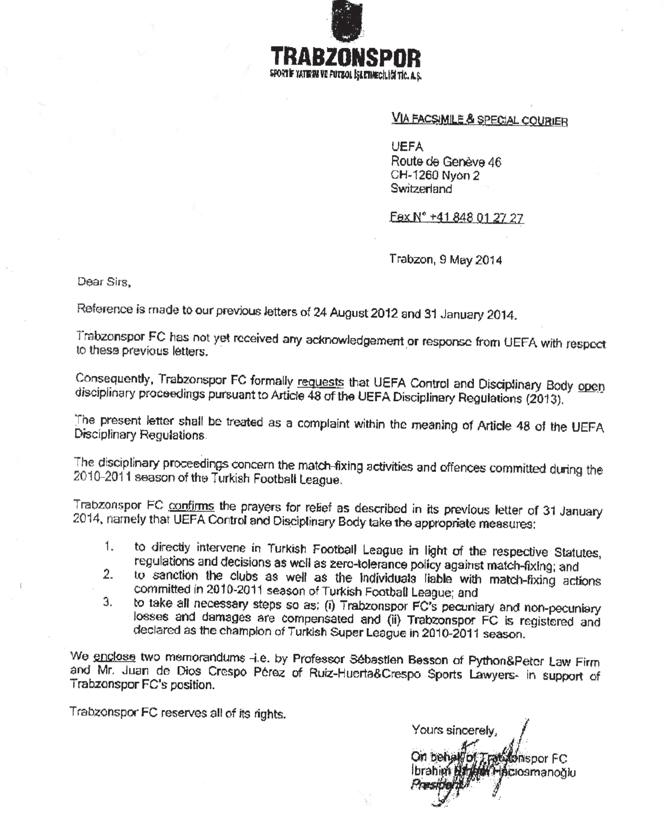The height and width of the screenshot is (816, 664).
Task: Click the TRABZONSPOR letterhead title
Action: pyautogui.click(x=345, y=58)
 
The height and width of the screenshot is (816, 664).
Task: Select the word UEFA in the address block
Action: pyautogui.click(x=407, y=147)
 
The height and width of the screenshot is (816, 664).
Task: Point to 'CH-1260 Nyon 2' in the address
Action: pyautogui.click(x=435, y=175)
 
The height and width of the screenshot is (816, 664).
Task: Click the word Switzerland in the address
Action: pyautogui.click(x=421, y=189)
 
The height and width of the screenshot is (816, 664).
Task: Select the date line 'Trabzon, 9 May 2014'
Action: pyautogui.click(x=446, y=260)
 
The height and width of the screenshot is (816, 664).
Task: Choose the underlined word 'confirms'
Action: pyautogui.click(x=191, y=506)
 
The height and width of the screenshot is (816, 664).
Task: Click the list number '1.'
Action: pyautogui.click(x=109, y=547)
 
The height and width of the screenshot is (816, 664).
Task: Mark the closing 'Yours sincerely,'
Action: pyautogui.click(x=454, y=730)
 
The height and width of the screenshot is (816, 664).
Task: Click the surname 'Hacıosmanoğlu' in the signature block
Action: pyautogui.click(x=535, y=772)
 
